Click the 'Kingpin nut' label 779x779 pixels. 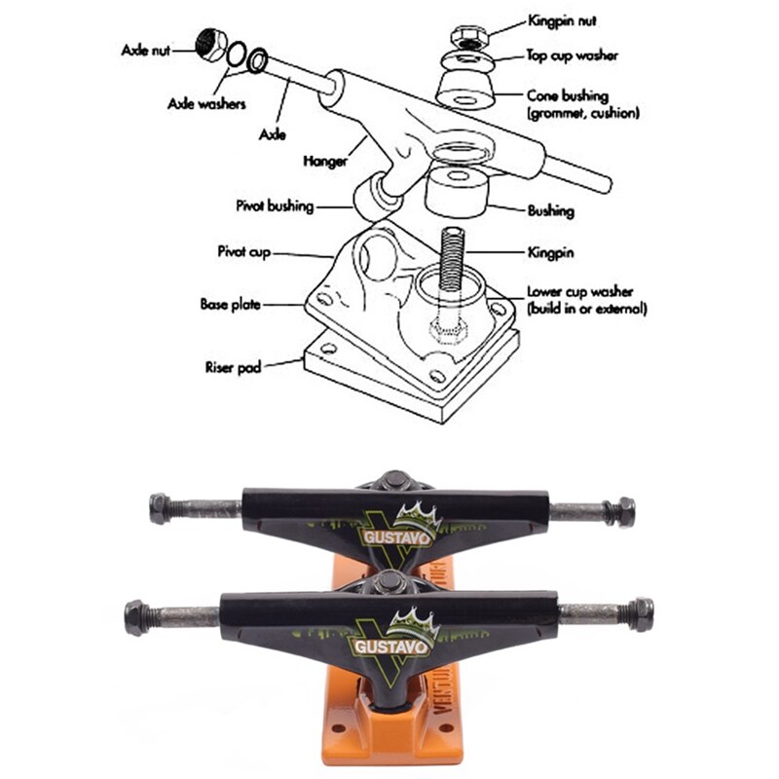[562, 19]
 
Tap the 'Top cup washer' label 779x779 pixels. [573, 56]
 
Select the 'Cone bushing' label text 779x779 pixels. [568, 96]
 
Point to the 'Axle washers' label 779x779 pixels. [206, 102]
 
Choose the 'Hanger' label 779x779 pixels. [325, 161]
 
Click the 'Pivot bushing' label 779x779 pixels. [275, 206]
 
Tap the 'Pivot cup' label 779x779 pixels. [243, 251]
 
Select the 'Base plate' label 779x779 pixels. [233, 303]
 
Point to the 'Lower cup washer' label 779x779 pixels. [579, 291]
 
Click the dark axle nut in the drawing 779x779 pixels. [210, 44]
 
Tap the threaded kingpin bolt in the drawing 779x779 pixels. [450, 258]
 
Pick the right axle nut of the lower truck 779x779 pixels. [640, 614]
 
